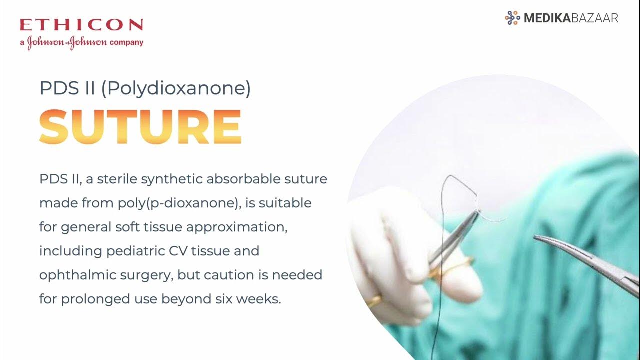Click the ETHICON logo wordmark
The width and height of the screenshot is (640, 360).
tap(81, 25)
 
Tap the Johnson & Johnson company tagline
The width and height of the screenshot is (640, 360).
tap(81, 42)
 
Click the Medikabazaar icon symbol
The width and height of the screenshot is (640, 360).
tap(512, 18)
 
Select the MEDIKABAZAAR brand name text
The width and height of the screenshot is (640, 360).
tap(571, 18)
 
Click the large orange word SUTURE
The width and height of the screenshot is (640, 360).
tap(140, 126)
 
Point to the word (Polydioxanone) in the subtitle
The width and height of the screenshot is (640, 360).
tap(176, 89)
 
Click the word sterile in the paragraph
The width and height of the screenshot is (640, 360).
tap(117, 179)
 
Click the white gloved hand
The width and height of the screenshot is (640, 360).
tap(395, 250)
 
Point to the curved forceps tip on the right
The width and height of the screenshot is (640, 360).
tap(542, 239)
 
